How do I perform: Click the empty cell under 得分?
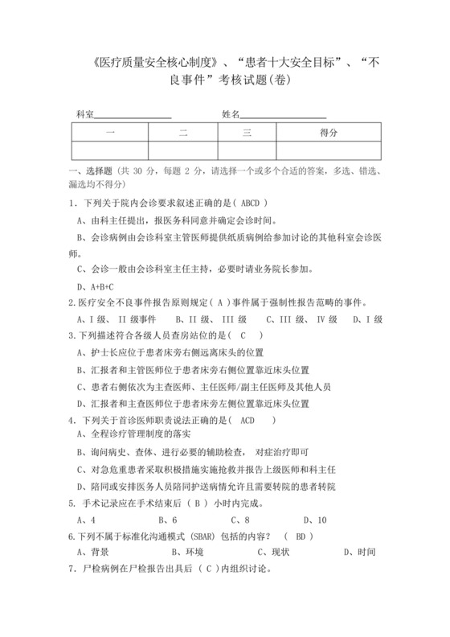click(328, 150)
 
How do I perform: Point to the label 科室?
click(85, 114)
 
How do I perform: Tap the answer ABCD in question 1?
click(252, 203)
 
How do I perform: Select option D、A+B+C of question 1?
click(95, 287)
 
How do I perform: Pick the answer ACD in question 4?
click(252, 421)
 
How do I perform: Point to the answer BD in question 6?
click(300, 536)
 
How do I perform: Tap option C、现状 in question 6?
click(273, 553)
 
